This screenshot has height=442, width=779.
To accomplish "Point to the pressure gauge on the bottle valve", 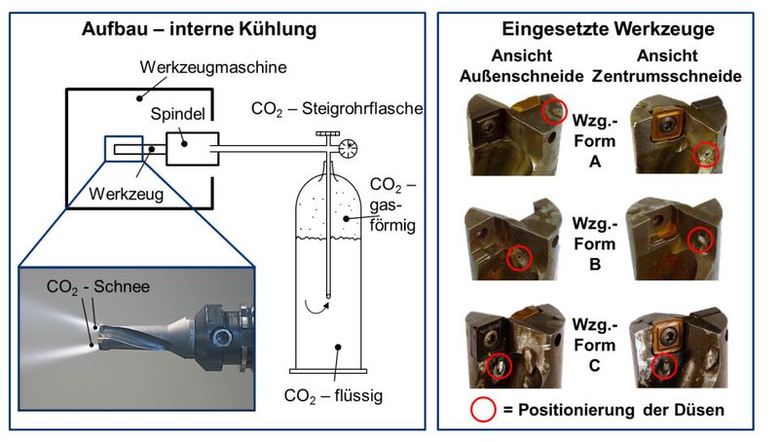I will click(x=346, y=147).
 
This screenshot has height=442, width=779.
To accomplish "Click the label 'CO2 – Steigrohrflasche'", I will click(x=337, y=108).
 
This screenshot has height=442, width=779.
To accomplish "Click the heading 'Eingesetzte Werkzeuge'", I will click(x=602, y=29).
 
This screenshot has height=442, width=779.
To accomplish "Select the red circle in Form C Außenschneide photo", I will click(x=498, y=366).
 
